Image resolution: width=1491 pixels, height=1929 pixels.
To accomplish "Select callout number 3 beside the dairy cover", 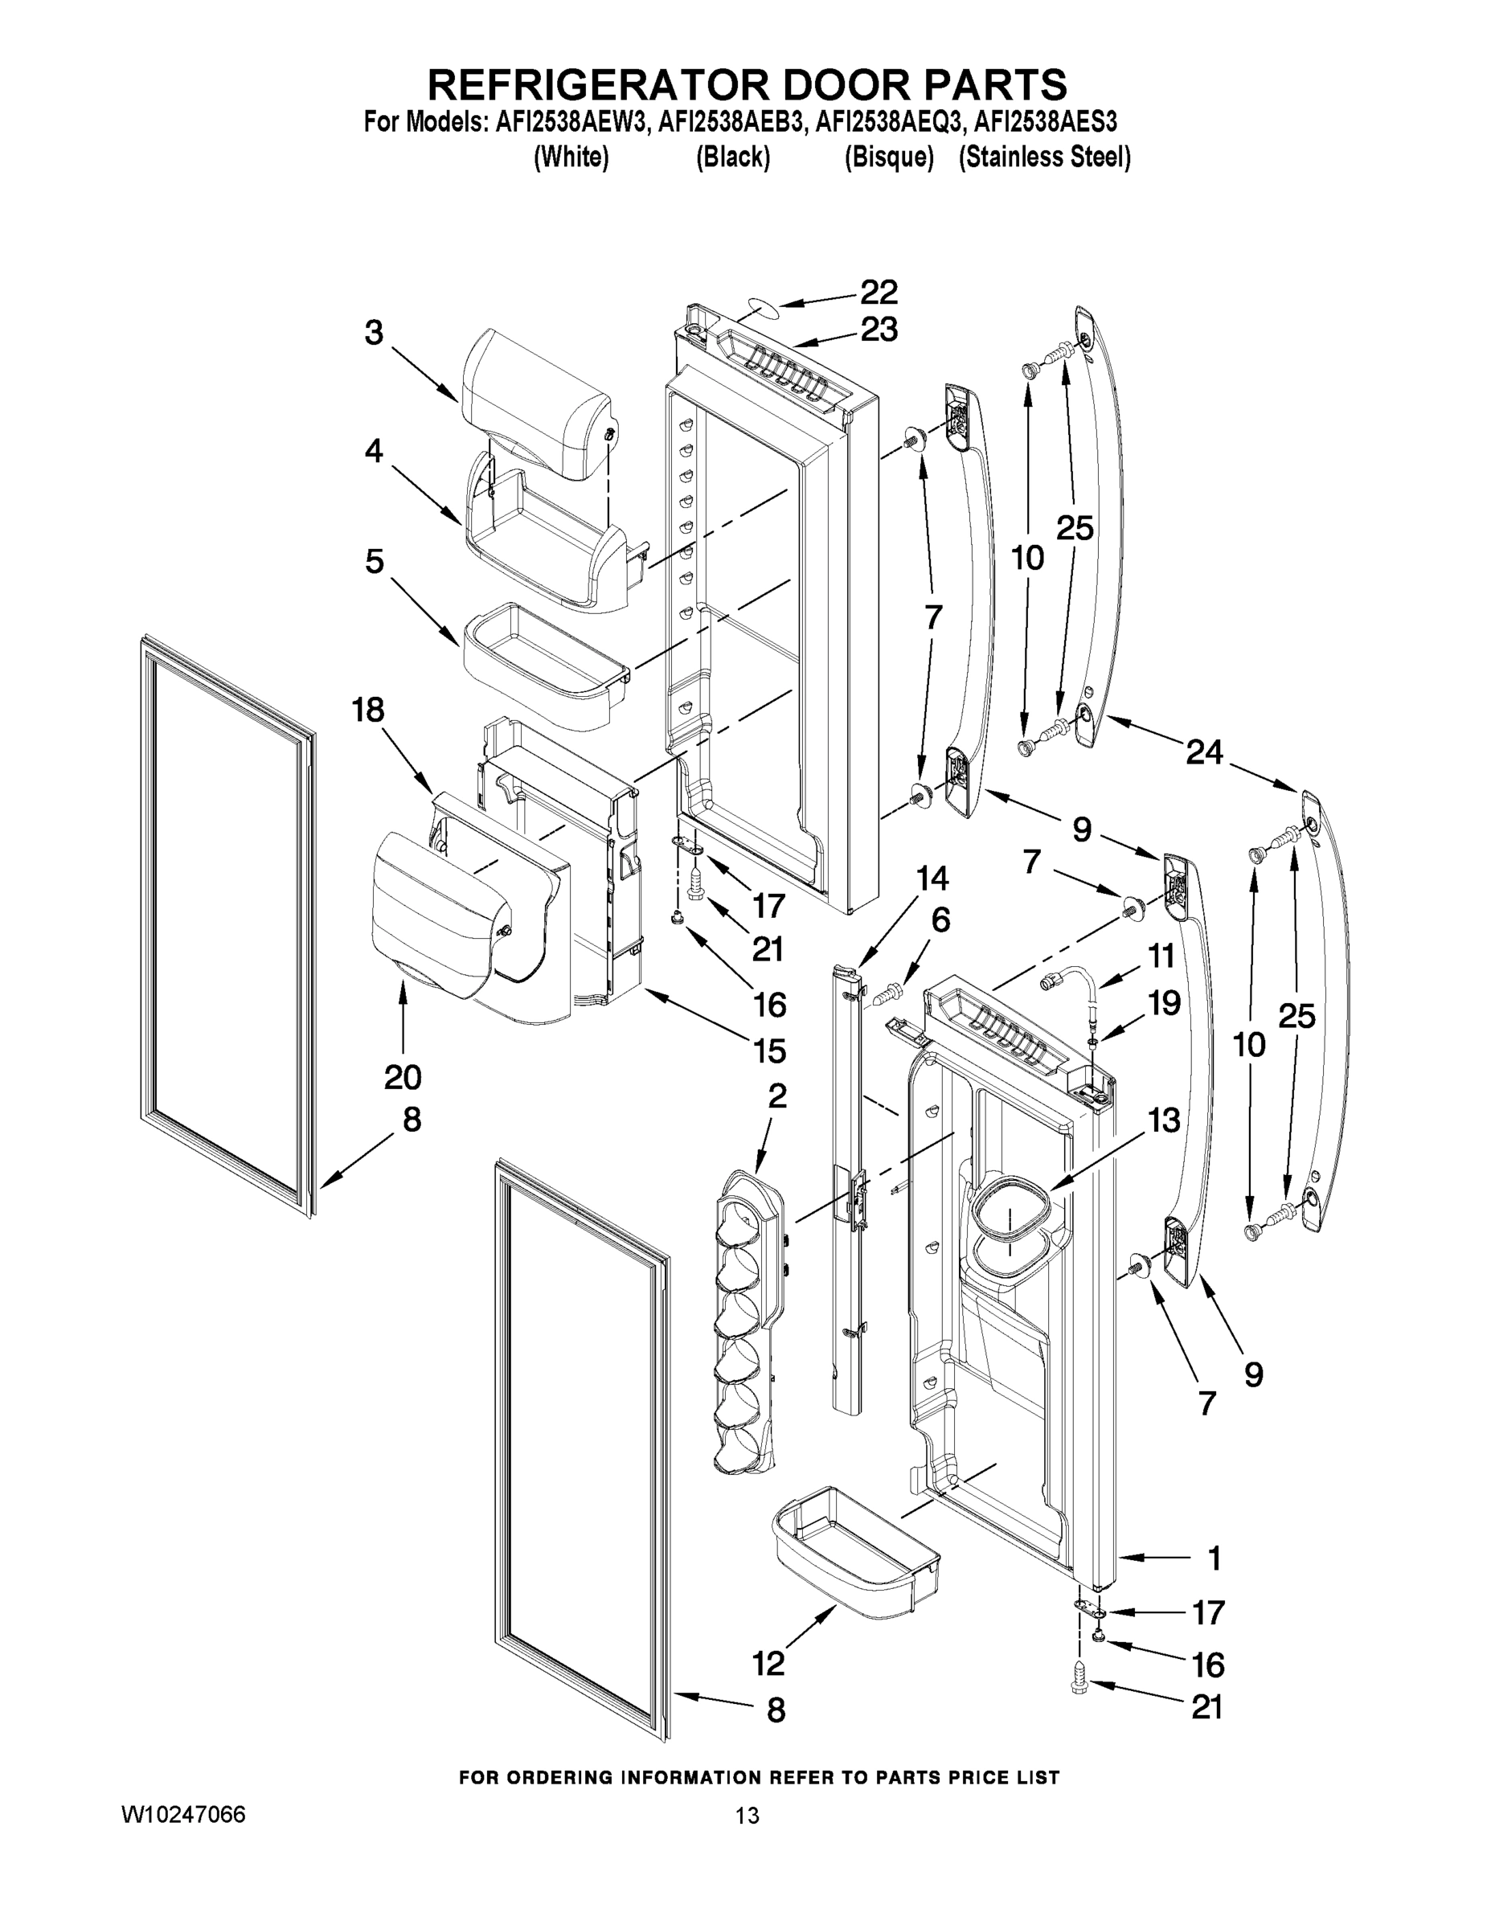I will pos(375,333).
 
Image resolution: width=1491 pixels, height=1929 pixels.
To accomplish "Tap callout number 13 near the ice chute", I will pos(1164,1120).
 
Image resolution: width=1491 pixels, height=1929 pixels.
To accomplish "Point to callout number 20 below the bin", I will pos(403,1077).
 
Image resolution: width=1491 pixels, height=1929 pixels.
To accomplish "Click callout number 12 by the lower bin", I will pos(768,1663).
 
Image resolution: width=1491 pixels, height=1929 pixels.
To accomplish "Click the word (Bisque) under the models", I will pos(889,158).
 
